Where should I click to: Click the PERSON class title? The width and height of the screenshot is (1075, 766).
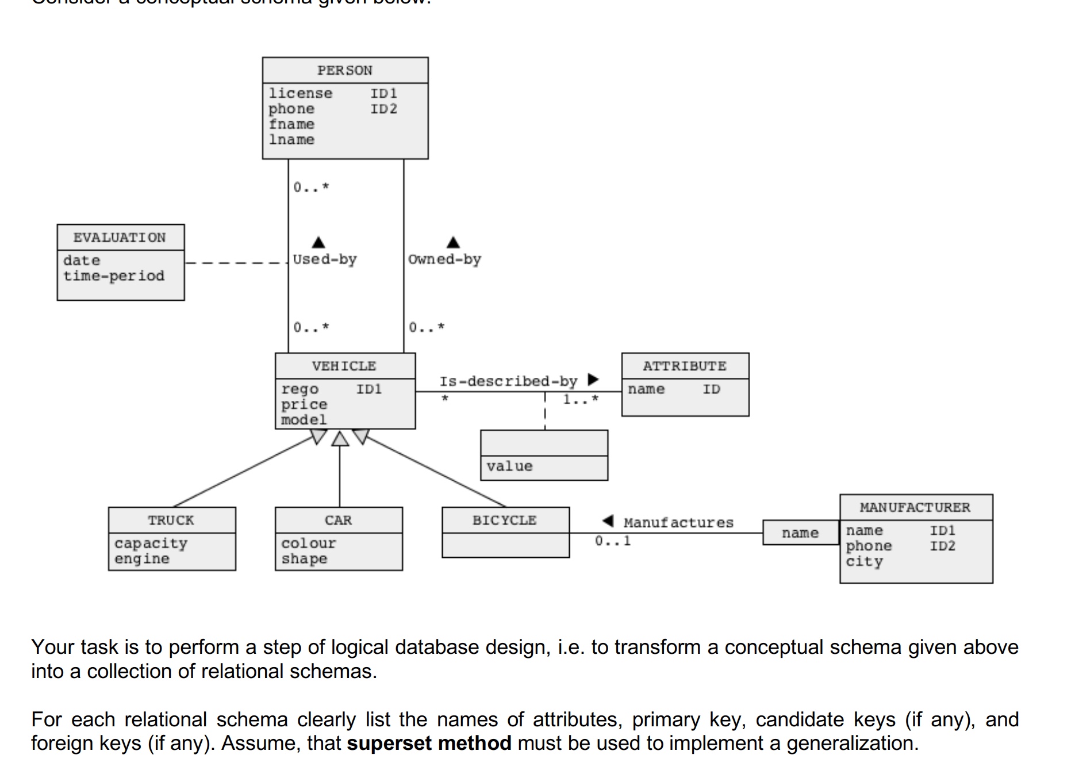344,71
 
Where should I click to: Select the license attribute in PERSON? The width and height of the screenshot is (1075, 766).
300,93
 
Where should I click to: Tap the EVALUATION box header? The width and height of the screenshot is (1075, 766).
120,238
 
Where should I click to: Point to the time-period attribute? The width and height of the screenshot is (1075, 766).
114,276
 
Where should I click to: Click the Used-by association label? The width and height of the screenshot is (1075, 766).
325,259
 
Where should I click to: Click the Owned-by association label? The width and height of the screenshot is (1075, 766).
444,259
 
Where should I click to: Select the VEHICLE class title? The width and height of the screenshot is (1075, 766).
344,366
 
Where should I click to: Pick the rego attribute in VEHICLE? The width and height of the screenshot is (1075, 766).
300,389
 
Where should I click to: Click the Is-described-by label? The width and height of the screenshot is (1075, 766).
508,381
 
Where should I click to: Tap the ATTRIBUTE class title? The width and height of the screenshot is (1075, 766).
684,366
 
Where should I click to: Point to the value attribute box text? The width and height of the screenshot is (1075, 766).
509,466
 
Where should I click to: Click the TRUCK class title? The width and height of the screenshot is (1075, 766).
171,520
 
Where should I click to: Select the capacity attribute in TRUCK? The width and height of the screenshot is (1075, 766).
151,543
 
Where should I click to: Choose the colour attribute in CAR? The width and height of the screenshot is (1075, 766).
308,543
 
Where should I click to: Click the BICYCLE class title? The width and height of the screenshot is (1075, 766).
504,520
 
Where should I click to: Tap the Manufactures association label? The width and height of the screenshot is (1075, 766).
678,523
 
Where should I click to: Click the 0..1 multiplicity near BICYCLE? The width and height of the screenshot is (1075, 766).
612,541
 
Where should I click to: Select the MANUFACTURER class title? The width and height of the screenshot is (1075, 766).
915,508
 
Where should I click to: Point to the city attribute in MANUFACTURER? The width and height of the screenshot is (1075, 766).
863,562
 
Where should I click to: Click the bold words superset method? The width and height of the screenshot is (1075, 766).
429,743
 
